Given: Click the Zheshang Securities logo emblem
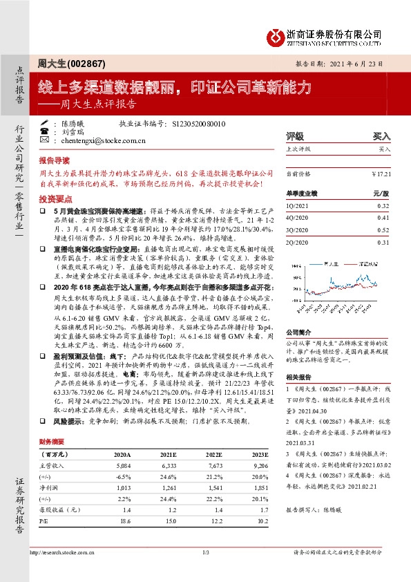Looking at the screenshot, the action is click(x=275, y=35).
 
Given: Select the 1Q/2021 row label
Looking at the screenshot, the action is click(x=296, y=205).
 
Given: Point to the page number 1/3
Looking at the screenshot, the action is click(x=205, y=553).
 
